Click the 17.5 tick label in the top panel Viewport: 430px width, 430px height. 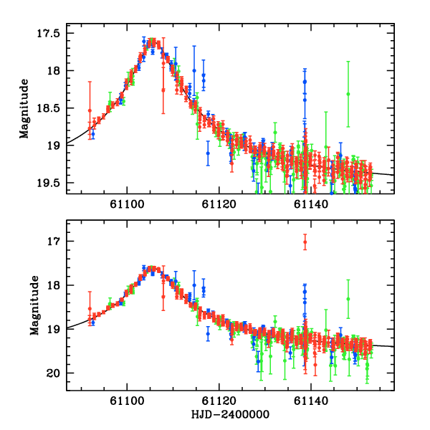click(52, 34)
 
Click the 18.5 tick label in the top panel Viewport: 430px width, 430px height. click(52, 108)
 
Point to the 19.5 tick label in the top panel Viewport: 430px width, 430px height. click(52, 183)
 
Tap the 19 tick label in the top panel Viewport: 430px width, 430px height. click(58, 145)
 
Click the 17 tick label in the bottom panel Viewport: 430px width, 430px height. click(58, 242)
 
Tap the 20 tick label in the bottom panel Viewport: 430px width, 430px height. click(58, 373)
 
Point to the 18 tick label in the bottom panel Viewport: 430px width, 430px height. click(58, 285)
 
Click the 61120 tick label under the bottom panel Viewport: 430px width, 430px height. click(219, 403)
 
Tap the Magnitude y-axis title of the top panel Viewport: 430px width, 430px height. click(25, 107)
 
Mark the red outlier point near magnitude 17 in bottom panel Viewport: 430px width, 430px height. click(305, 242)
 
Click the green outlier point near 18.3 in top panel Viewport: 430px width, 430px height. click(348, 94)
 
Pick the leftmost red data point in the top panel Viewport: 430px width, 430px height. click(90, 110)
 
